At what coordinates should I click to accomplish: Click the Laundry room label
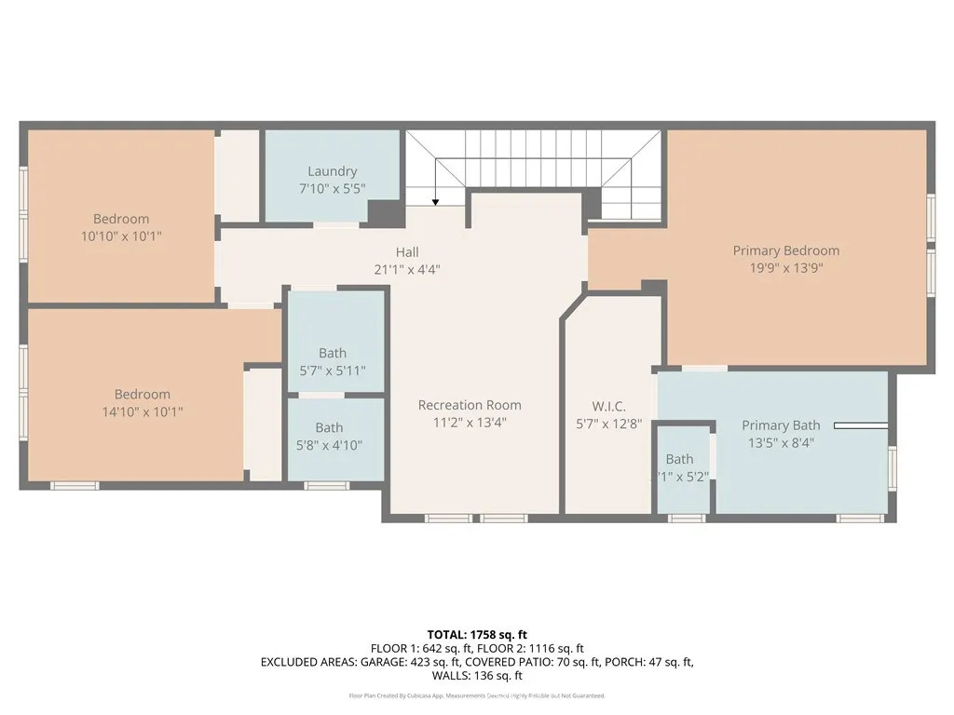(x=333, y=171)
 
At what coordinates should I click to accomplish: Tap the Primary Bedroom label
(x=785, y=250)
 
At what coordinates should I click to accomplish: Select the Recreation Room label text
(x=470, y=405)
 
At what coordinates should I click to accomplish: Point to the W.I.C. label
(x=608, y=407)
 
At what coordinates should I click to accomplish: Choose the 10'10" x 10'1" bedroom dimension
(x=121, y=236)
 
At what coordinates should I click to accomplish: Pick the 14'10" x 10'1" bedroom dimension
(x=143, y=411)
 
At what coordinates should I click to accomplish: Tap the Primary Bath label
(x=781, y=425)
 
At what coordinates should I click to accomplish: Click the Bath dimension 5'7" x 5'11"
(x=332, y=370)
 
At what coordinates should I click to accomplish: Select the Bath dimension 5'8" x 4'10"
(x=328, y=445)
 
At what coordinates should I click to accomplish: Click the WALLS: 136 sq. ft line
(x=477, y=677)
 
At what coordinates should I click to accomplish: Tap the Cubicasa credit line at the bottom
(x=477, y=695)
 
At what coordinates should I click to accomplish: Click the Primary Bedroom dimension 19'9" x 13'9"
(x=785, y=267)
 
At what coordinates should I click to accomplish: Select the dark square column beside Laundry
(x=385, y=213)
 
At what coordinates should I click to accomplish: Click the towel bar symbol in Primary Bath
(x=860, y=426)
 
